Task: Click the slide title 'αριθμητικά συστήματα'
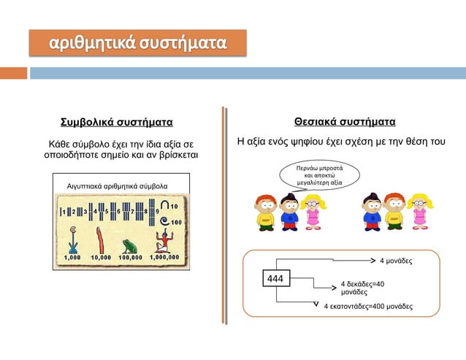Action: tap(137, 43)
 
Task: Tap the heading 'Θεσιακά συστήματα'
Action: tap(345, 120)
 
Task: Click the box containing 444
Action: tap(276, 278)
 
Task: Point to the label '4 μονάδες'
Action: tap(396, 260)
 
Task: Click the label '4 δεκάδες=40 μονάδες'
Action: tap(362, 286)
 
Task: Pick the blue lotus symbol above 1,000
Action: tap(72, 239)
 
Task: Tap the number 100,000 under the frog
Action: tap(130, 258)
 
